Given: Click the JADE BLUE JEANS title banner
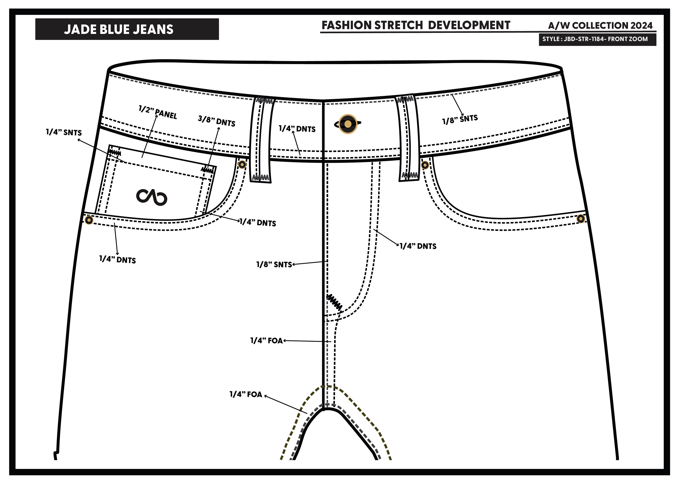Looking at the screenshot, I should pos(127,29).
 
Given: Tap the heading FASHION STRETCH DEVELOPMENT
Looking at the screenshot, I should pos(416,25).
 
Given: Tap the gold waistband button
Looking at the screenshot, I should pos(348,124).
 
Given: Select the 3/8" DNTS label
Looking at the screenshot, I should pos(216,121).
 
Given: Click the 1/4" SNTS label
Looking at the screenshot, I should pos(64,132).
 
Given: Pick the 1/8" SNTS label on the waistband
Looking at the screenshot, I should pos(460,119).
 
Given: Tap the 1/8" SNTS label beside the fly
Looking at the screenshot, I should pos(274,264).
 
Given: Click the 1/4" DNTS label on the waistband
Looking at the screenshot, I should pos(297,129).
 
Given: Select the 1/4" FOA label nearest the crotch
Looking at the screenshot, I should pos(246,394).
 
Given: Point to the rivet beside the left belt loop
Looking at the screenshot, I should pos(242,164).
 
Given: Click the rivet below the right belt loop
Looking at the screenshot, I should pos(425,165).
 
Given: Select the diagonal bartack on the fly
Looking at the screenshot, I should pos(334,303).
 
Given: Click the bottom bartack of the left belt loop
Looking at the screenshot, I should pos(261,178).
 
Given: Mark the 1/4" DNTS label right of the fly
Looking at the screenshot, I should pos(418,246).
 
